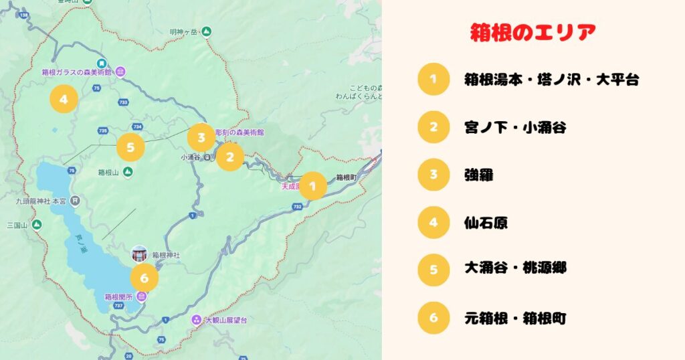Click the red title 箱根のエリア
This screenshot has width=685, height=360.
click(x=532, y=32)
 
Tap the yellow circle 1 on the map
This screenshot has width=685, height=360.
click(x=312, y=186)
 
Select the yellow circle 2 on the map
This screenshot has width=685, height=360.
click(x=230, y=157)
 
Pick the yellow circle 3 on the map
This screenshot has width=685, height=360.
click(x=201, y=137)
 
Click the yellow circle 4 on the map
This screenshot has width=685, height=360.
click(x=64, y=100)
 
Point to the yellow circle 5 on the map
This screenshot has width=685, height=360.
click(x=130, y=147)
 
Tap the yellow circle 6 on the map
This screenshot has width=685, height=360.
click(x=144, y=277)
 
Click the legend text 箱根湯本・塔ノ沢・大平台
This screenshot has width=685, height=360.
click(x=551, y=80)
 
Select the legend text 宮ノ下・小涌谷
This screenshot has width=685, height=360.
click(x=515, y=127)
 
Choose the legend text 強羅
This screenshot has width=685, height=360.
click(x=479, y=175)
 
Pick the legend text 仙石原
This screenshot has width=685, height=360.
click(x=486, y=221)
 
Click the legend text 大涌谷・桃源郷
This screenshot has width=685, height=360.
click(x=515, y=268)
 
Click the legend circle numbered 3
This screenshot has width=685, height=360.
click(x=433, y=175)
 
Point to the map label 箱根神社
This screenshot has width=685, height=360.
click(x=165, y=255)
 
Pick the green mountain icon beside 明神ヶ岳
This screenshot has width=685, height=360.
click(x=207, y=31)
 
